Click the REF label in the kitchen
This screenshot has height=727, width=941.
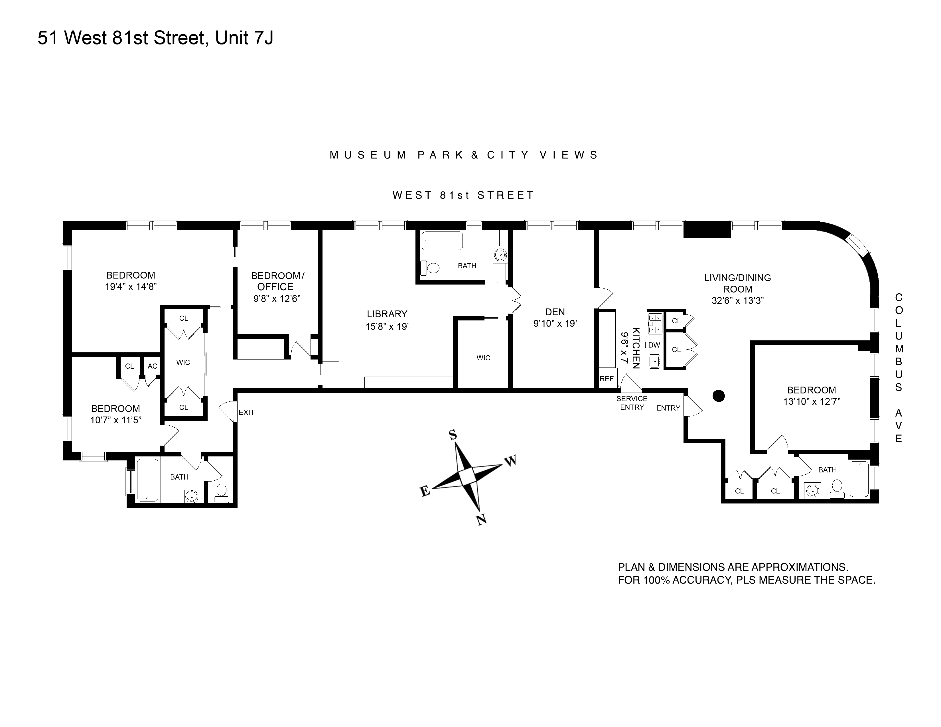(x=606, y=379)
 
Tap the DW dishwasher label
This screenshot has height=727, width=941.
(x=654, y=345)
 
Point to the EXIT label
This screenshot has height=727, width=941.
(x=246, y=413)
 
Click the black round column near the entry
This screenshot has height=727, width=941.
(x=719, y=396)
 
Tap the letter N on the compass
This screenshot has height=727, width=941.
(x=481, y=520)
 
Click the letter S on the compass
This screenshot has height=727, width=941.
(x=453, y=435)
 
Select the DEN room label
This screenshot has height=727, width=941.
(x=555, y=312)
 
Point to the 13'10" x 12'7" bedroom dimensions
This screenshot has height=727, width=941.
(x=812, y=402)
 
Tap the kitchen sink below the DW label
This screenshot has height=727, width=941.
(x=654, y=361)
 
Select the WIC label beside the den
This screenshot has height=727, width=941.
(x=483, y=358)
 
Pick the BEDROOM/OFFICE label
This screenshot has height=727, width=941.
(x=277, y=281)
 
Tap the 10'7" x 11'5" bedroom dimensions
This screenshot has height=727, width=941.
(x=115, y=420)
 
